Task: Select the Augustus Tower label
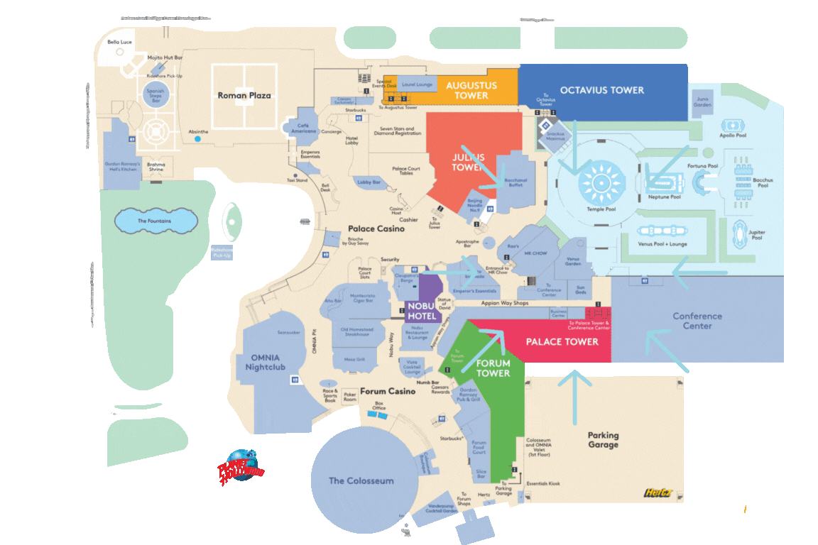pos(471,90)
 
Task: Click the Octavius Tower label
pos(601,90)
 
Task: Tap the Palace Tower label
pos(562,342)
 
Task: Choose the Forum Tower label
pos(493,368)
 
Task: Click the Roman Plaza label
pos(244,95)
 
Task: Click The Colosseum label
pos(361,480)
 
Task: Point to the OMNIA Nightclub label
pos(263,362)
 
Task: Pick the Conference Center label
pos(697,321)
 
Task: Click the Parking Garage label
pos(603,440)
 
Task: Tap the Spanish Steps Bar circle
pos(156,96)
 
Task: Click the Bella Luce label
pos(120,43)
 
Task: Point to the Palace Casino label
pos(376,229)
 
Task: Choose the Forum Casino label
pos(387,391)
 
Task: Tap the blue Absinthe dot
pos(197,139)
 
